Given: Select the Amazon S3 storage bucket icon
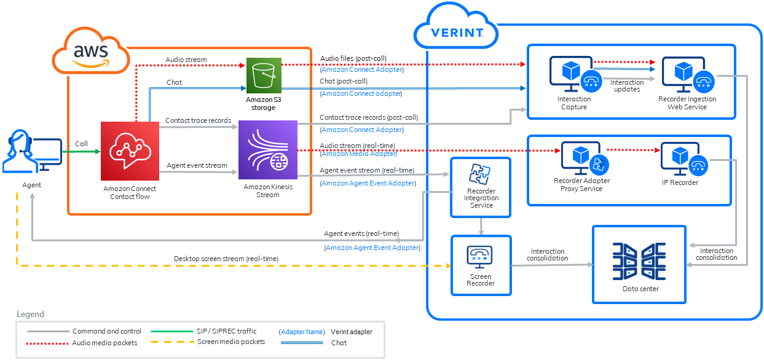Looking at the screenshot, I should point(264,76).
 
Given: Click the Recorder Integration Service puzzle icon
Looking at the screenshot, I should point(480,174).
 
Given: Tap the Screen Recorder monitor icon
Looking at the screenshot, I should point(480,254).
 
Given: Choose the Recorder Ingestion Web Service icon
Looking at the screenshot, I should point(687,74).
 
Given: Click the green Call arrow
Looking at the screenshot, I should point(81,152).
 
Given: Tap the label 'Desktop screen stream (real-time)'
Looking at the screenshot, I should point(226,259).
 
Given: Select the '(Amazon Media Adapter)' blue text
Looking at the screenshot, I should point(358,154).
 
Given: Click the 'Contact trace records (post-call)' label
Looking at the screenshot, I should point(369,117).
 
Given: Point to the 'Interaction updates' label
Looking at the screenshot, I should point(627,86).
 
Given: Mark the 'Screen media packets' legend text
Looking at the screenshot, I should point(231,342).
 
